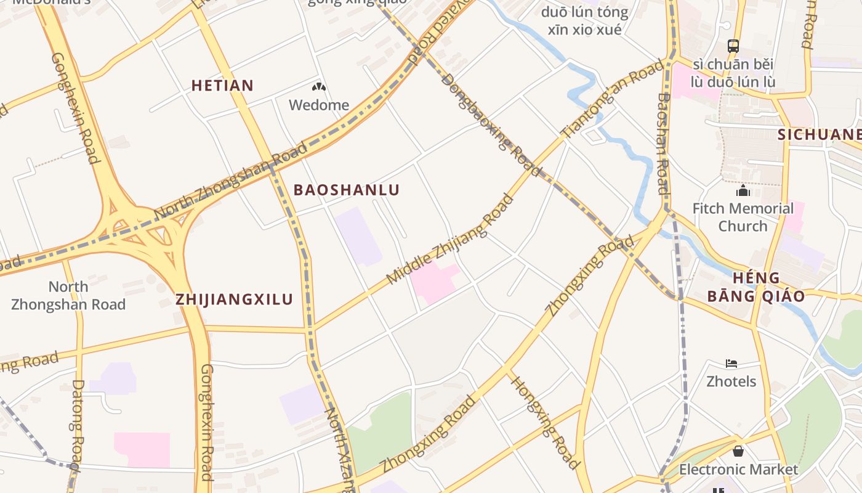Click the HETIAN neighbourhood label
222,85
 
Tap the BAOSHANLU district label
347,190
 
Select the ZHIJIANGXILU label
234,299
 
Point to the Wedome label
319,105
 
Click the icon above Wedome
318,88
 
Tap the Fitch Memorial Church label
743,217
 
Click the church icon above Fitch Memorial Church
743,191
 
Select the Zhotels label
731,381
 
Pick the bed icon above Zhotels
731,364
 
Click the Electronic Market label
738,470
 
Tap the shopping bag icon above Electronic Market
738,452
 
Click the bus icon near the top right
733,46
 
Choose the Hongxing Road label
545,422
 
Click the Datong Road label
77,425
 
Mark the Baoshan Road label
663,143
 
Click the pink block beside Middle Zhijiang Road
435,282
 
